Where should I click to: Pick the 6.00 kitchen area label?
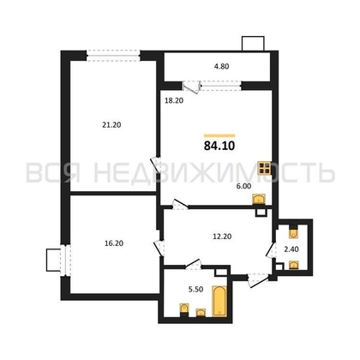(x=243, y=184)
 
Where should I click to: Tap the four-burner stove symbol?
(x=268, y=169)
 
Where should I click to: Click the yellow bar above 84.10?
(x=219, y=135)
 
